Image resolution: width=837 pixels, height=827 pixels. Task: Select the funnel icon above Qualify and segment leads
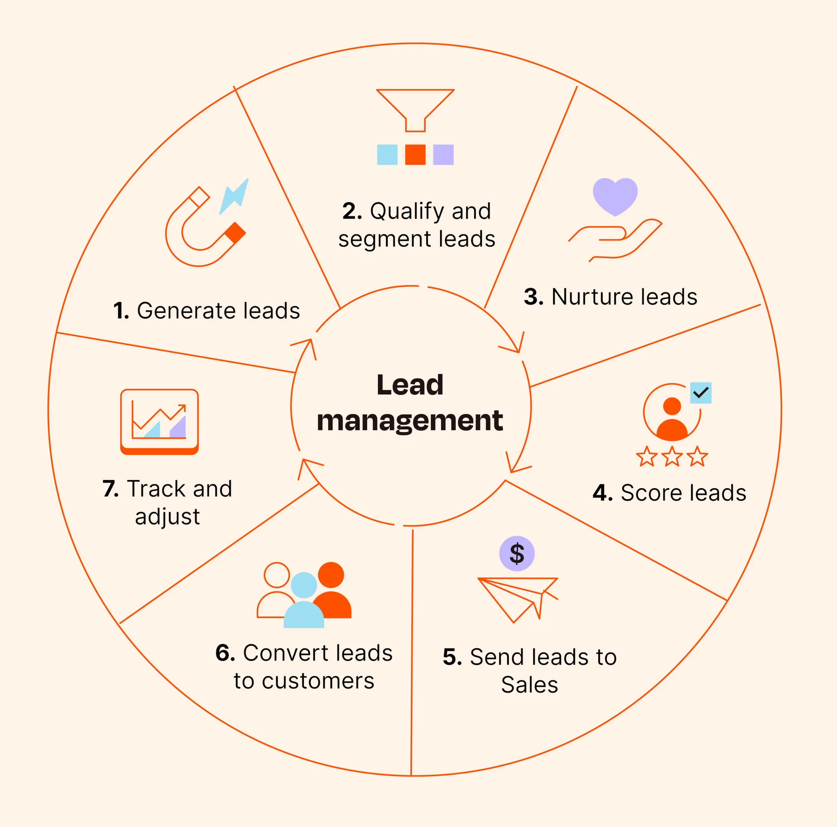[415, 108]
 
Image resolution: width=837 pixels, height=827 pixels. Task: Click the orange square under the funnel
[415, 155]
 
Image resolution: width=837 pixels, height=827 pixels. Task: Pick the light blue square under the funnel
[387, 155]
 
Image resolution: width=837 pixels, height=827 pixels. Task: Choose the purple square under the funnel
[443, 155]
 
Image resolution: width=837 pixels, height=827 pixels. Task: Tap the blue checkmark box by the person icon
[701, 393]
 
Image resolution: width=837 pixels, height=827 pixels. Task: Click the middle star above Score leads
[672, 456]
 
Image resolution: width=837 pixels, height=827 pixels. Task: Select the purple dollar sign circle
[516, 553]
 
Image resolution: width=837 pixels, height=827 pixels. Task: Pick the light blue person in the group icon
[304, 602]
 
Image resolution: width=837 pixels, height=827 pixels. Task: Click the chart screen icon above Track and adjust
[159, 421]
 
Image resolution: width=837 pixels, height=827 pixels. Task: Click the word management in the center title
[410, 420]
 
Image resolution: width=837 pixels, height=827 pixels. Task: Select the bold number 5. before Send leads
[452, 657]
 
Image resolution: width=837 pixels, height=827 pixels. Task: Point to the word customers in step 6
[318, 681]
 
